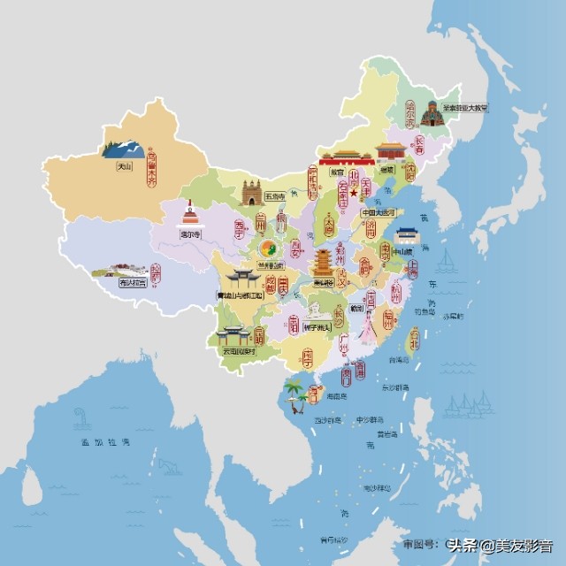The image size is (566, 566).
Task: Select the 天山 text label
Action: pyautogui.click(x=116, y=164)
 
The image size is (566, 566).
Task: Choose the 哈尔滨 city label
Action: pyautogui.click(x=410, y=118)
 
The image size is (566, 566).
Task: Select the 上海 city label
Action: pyautogui.click(x=410, y=266)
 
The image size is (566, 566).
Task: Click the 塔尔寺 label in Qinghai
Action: pyautogui.click(x=190, y=235)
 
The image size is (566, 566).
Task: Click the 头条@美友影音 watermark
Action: pyautogui.click(x=500, y=546)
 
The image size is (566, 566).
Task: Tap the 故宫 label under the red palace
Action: pyautogui.click(x=337, y=173)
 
